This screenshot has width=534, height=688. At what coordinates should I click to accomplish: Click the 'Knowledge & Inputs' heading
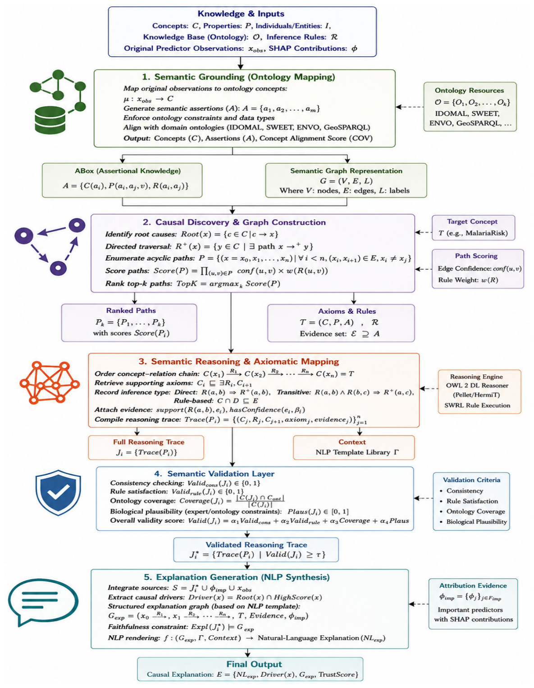[x=241, y=14]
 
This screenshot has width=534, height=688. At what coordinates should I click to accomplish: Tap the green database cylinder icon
[x=50, y=120]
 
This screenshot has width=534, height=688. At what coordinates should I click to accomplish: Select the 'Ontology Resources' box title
[x=469, y=90]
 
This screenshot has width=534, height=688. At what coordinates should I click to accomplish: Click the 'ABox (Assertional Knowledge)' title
[x=128, y=171]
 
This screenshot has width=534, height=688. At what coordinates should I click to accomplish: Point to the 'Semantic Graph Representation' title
[x=346, y=171]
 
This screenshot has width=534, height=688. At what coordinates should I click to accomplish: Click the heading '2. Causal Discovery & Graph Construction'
[x=234, y=222]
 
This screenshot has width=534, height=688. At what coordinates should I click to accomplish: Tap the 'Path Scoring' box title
[x=476, y=256]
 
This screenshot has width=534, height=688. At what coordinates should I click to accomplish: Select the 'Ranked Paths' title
[x=131, y=311]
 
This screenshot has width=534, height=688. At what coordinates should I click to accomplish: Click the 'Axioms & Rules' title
[x=347, y=311]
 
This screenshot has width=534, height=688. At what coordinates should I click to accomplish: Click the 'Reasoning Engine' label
[x=476, y=376]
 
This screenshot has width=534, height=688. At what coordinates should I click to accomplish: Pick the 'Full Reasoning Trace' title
[x=149, y=442]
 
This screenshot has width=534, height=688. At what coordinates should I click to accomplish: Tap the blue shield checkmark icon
[x=58, y=492]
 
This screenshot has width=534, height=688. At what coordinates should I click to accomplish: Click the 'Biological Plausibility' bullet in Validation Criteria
[x=476, y=521]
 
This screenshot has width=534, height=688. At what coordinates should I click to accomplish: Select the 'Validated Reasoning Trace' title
[x=256, y=544]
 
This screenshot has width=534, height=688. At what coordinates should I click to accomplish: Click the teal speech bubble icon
[x=43, y=603]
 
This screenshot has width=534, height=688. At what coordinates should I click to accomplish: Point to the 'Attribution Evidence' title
[x=473, y=585]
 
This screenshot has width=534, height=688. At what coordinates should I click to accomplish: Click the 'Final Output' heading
[x=254, y=664]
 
